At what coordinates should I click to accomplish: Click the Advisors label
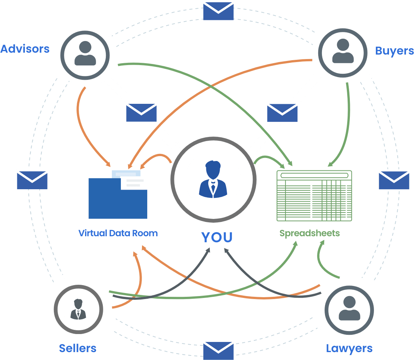coord(25,49)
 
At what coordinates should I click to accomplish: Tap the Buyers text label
coord(394,51)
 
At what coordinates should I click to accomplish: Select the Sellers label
coord(78,348)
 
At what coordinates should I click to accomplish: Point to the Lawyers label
coord(349,348)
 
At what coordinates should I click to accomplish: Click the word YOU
coord(217,237)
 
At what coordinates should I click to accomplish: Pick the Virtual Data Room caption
coord(118,233)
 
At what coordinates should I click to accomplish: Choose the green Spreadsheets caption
coord(309,233)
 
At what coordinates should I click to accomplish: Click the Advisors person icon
coord(85,54)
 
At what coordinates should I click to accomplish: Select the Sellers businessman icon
coord(78,309)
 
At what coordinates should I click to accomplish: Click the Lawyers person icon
coord(349,309)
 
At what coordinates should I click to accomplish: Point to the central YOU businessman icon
coord(213,179)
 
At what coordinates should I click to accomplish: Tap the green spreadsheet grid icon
coord(314,196)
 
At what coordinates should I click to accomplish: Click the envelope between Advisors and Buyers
coord(218,10)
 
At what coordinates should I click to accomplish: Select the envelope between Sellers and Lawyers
coord(218,349)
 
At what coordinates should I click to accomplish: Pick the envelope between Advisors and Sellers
coord(32,179)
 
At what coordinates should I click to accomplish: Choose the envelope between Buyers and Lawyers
coord(394,179)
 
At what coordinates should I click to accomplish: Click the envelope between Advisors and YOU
coord(141,112)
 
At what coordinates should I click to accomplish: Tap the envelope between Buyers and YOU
coord(282,112)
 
